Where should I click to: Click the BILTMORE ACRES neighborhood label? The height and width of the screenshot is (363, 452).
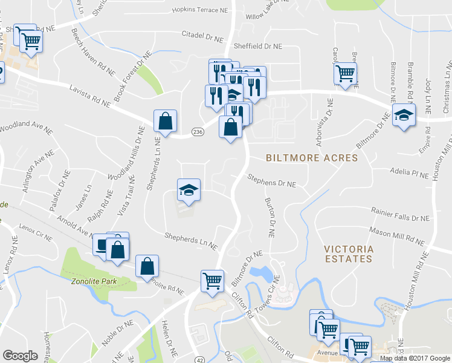click(x=312, y=158)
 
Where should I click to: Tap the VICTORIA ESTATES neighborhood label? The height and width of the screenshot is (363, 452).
click(x=347, y=253)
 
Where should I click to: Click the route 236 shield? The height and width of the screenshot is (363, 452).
click(x=198, y=132)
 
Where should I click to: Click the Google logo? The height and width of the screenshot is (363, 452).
click(x=20, y=356)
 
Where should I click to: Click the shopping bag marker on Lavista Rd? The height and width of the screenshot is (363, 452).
click(x=165, y=121)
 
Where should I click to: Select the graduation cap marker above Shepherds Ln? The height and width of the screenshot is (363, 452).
click(x=189, y=190)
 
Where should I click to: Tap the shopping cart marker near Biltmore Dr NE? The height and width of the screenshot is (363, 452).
click(x=212, y=281)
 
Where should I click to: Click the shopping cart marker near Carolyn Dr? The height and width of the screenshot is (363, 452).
click(x=345, y=74)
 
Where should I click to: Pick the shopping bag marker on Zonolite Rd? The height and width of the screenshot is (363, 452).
click(x=147, y=266)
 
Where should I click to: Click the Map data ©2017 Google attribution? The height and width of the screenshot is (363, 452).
click(x=415, y=358)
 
